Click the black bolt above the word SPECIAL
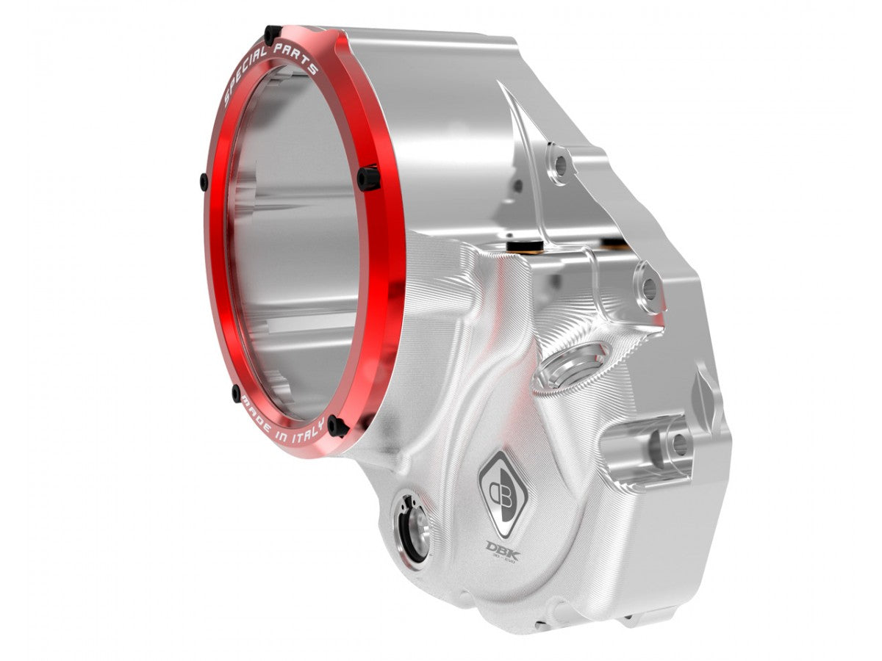(x=272, y=34)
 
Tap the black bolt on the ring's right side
(x=369, y=177)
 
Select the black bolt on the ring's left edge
(x=204, y=179)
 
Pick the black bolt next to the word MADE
(x=236, y=391)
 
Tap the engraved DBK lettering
(x=503, y=549)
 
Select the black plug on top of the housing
(x=525, y=244)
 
